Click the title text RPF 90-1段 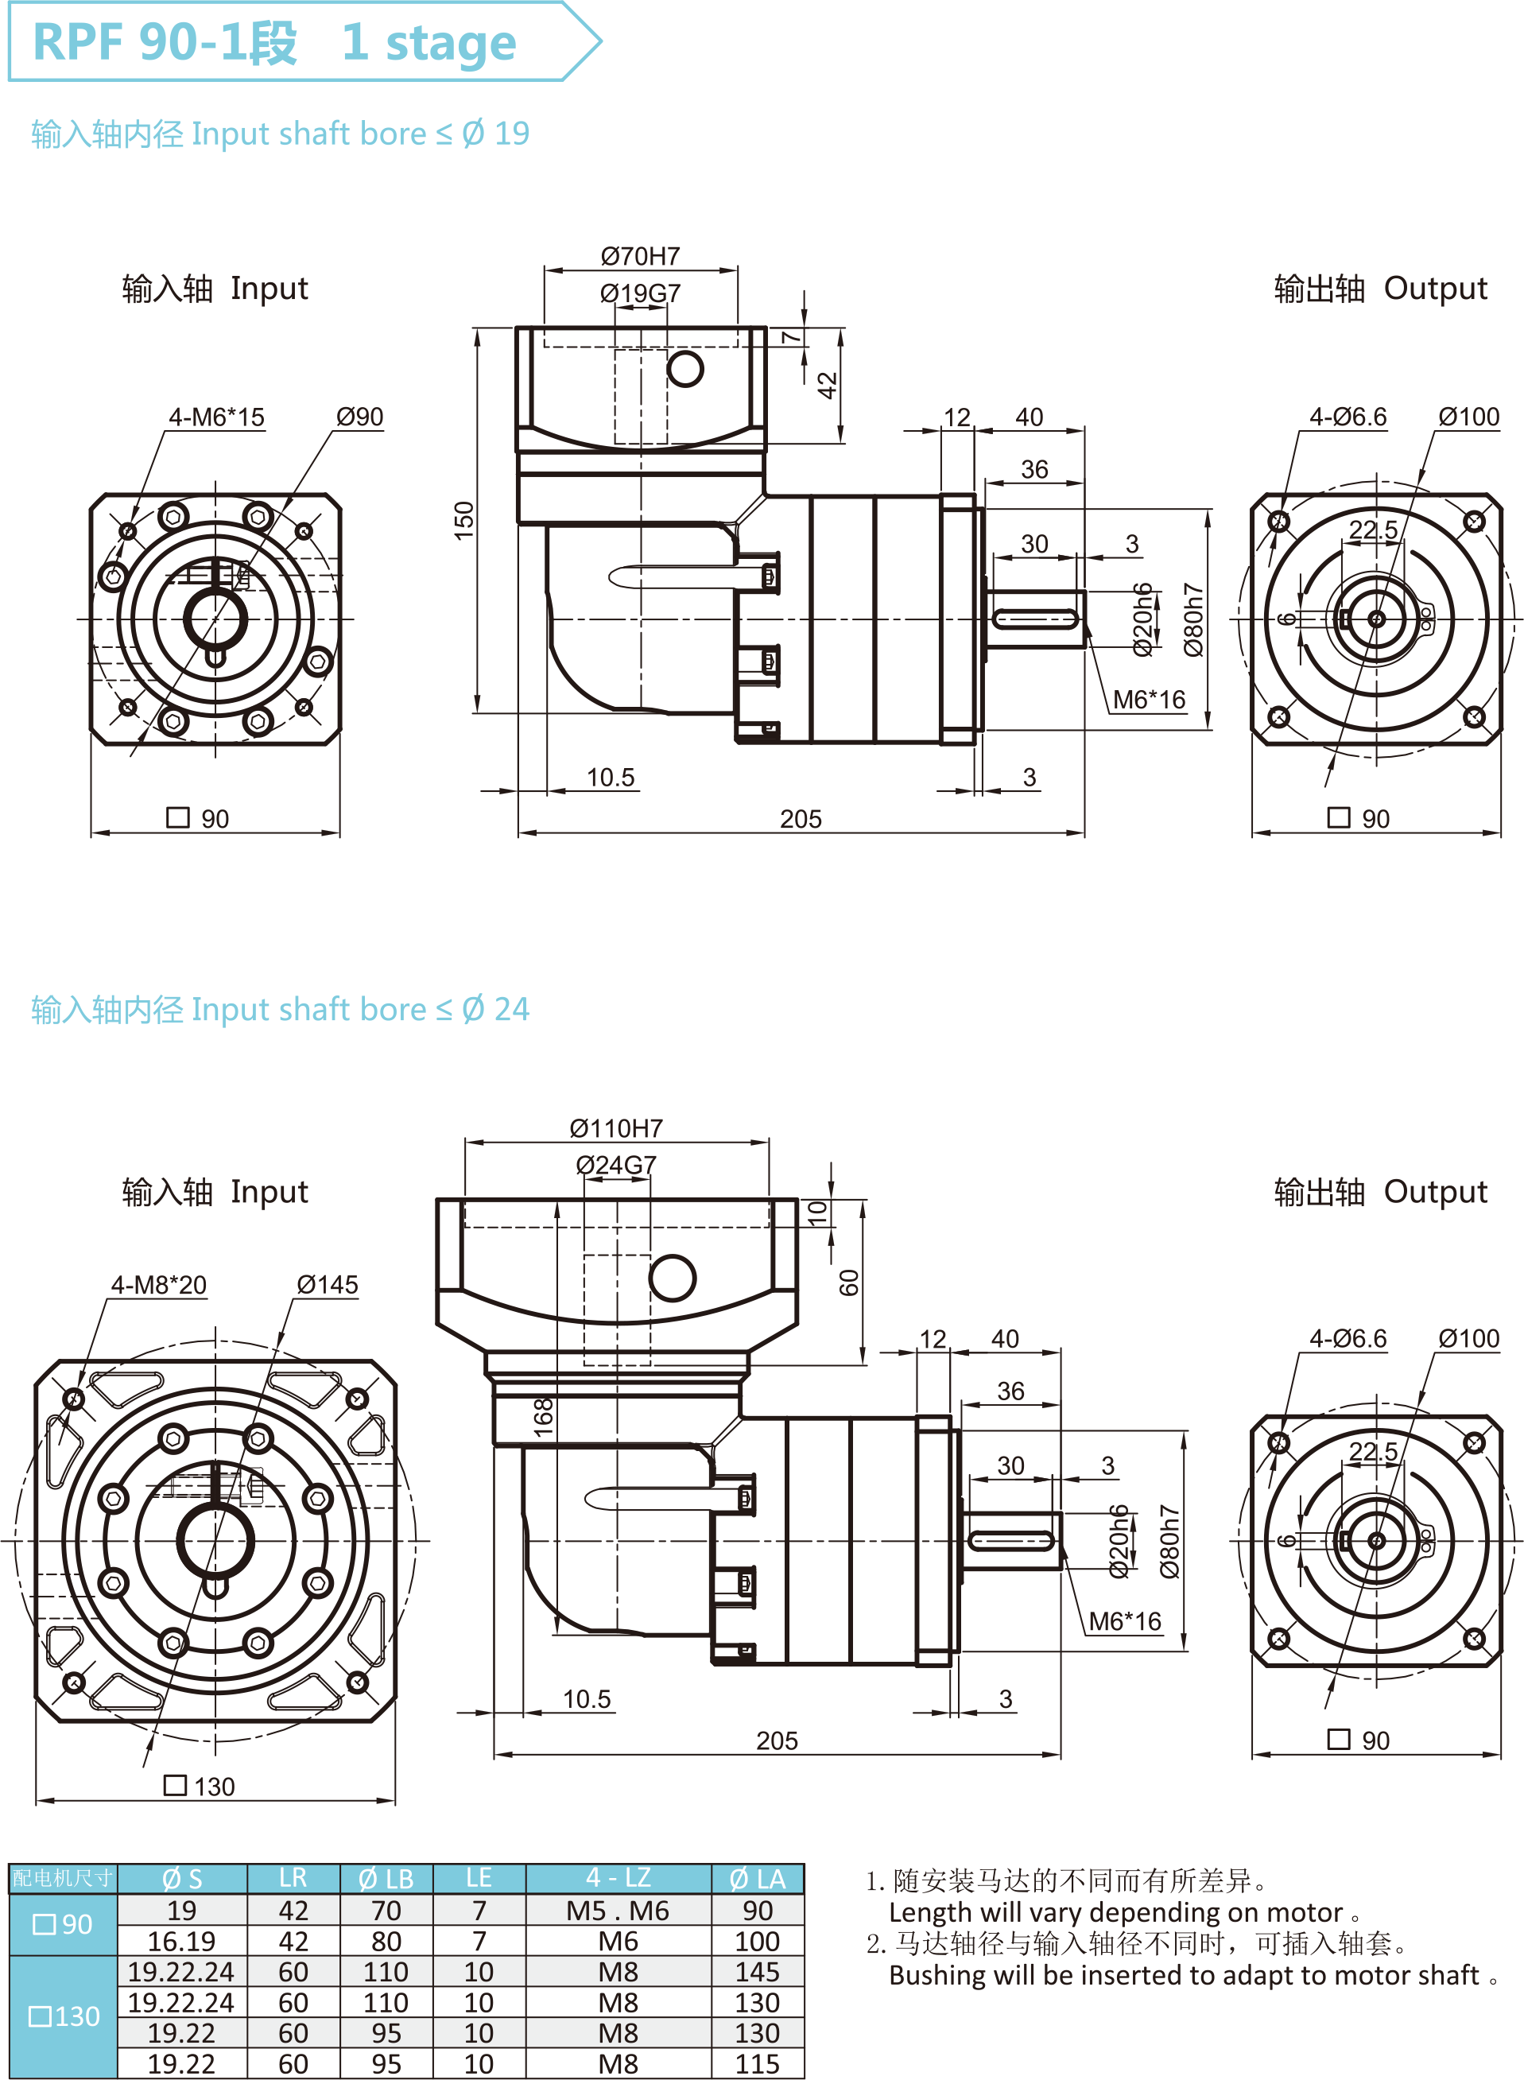click(x=166, y=42)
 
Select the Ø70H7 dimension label click(x=640, y=255)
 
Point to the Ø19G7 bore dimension click(x=640, y=293)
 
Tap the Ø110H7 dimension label click(x=616, y=1128)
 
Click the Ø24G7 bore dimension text click(x=616, y=1165)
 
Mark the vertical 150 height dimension click(x=464, y=521)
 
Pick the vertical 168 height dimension click(x=543, y=1417)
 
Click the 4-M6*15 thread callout click(x=216, y=417)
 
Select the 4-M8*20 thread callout click(x=159, y=1285)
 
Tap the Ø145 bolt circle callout click(x=328, y=1285)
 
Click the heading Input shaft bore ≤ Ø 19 click(x=281, y=134)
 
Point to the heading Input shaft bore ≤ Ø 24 click(x=281, y=1010)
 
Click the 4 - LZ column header click(x=618, y=1878)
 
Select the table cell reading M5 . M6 click(x=618, y=1911)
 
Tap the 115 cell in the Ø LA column click(x=758, y=2064)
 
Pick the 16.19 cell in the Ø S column click(x=182, y=1942)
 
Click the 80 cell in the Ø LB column click(x=386, y=1942)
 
